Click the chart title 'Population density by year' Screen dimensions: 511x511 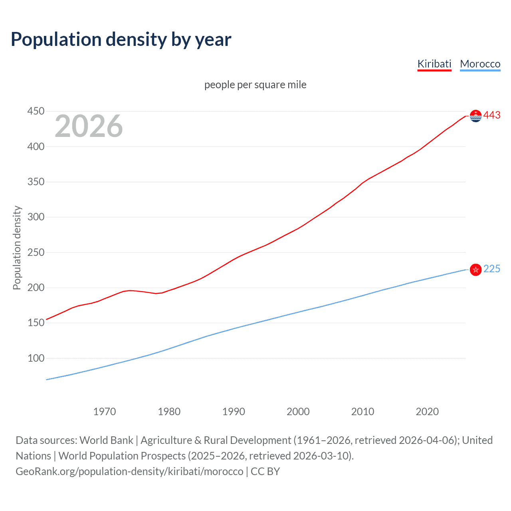click(x=121, y=40)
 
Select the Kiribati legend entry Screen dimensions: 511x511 click(x=434, y=64)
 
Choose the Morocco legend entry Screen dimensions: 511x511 click(x=480, y=64)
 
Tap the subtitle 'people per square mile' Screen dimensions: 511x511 click(x=255, y=85)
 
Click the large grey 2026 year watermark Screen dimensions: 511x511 click(x=89, y=126)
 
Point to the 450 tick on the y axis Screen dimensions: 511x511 click(x=36, y=111)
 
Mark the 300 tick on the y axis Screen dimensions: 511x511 click(x=36, y=217)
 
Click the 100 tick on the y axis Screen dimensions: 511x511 click(x=36, y=358)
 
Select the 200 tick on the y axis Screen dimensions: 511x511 click(x=36, y=287)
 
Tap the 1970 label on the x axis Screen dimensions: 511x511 click(x=105, y=412)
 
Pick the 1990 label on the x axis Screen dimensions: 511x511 click(x=234, y=412)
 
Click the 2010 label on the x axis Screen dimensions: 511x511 click(x=362, y=412)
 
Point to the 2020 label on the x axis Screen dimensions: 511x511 click(x=427, y=412)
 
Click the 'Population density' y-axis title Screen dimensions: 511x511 click(x=17, y=248)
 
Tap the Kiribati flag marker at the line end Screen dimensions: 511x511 click(x=475, y=116)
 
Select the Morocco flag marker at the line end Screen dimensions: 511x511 click(x=475, y=270)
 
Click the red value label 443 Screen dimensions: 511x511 click(x=492, y=115)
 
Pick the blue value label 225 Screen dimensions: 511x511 click(x=492, y=269)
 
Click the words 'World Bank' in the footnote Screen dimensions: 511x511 click(x=106, y=440)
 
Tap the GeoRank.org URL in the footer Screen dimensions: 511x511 click(x=129, y=471)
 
